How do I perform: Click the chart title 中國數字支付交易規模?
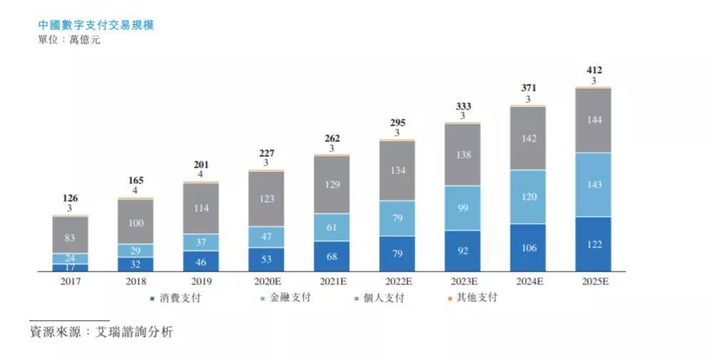96,25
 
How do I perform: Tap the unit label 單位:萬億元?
69,40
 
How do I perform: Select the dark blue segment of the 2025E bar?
593,244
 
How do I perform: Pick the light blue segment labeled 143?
593,185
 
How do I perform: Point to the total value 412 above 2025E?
593,70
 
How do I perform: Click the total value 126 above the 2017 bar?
70,198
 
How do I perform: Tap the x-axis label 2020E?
266,282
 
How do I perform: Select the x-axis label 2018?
135,282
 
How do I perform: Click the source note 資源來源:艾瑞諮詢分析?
101,332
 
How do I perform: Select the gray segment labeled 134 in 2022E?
397,170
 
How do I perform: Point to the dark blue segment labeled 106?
528,247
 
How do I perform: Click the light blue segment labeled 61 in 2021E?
332,227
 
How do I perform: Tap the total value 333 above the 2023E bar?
463,106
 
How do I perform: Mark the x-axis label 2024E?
528,282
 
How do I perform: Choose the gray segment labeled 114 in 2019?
201,208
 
